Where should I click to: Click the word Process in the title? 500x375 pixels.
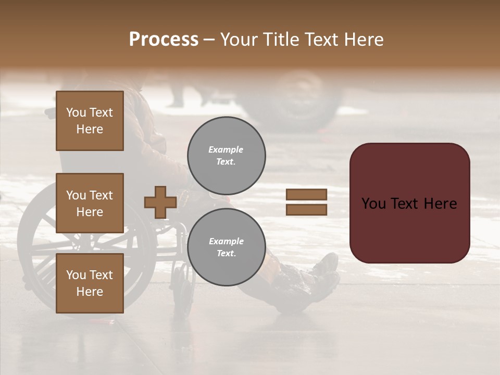coord(164,40)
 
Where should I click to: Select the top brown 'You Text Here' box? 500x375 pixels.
coord(90,121)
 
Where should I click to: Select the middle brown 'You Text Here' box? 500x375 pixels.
coord(90,203)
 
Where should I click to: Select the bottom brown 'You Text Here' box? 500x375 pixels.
coord(90,283)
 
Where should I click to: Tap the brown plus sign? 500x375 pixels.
coord(160,202)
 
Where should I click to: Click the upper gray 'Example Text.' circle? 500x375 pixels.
coord(226,155)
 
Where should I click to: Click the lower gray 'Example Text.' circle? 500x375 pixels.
coord(226,247)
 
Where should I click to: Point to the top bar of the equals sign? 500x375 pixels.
coord(306,194)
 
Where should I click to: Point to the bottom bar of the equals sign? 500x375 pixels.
coord(306,209)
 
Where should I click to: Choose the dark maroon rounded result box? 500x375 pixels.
coord(409,203)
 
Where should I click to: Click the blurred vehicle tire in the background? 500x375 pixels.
coord(299,102)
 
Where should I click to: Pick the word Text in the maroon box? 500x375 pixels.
coord(410,203)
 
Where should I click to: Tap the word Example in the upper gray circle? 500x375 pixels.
coord(226,149)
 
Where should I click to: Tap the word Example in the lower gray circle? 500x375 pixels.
coord(226,241)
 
